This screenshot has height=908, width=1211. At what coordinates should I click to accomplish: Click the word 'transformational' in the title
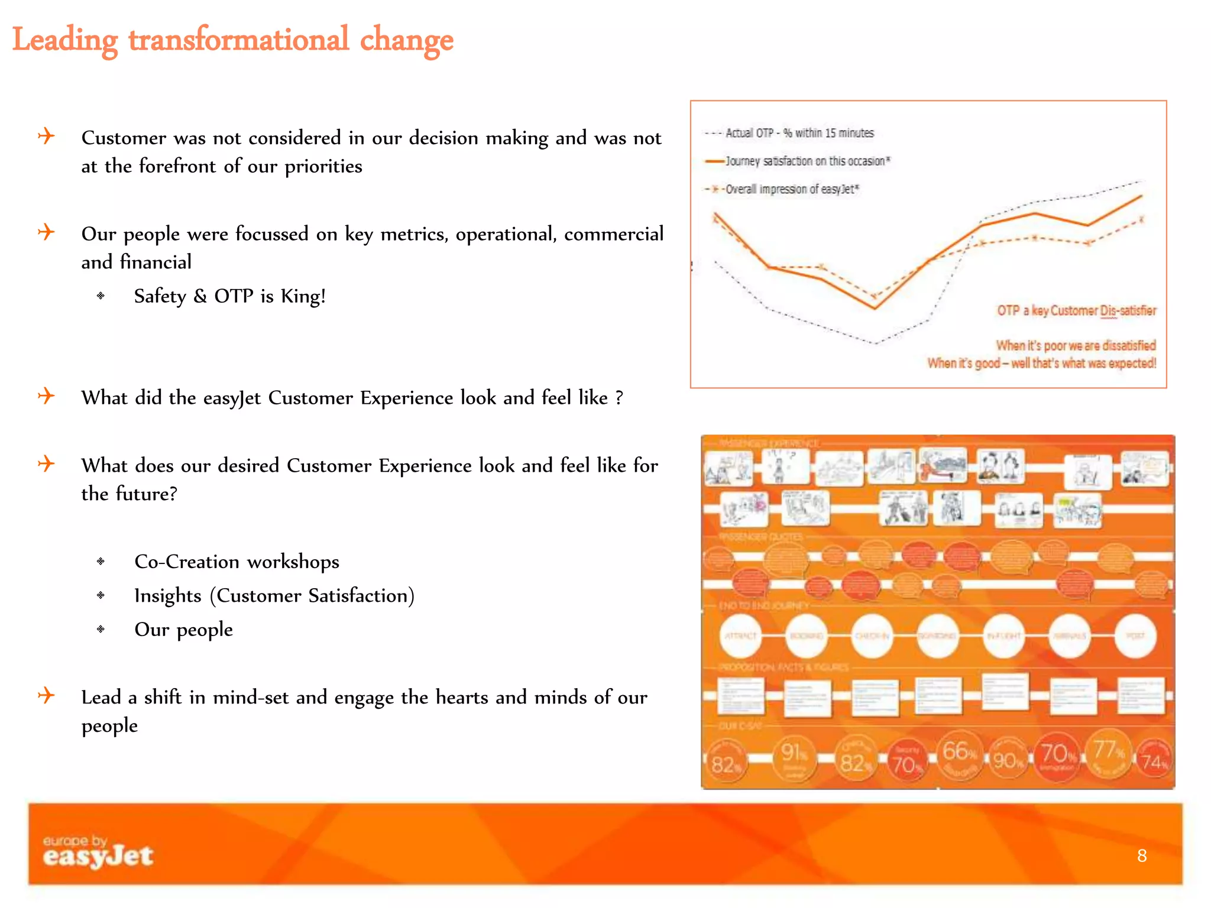(238, 40)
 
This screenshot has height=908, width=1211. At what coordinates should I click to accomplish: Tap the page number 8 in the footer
(1142, 855)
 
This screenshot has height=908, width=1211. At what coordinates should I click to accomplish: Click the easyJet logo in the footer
(98, 852)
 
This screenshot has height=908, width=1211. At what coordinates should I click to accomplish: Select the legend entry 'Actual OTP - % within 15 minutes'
(799, 133)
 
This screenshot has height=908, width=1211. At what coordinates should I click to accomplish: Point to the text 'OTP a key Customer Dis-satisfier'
(1076, 310)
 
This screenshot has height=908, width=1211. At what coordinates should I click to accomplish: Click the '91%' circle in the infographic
(794, 757)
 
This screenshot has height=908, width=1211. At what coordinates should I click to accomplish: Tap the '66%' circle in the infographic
(959, 755)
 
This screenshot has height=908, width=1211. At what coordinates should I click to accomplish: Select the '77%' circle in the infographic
(1109, 754)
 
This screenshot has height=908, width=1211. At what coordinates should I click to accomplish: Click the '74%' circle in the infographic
(1154, 761)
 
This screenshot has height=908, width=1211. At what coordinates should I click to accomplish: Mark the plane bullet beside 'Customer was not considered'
(46, 136)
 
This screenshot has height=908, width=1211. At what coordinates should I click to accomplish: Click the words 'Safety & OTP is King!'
(229, 296)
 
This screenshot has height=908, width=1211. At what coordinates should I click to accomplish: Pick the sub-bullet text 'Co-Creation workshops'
(237, 562)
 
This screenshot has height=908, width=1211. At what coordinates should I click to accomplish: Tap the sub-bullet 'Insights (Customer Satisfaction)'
(274, 595)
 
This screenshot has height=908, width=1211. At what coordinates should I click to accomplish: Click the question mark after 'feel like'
(619, 398)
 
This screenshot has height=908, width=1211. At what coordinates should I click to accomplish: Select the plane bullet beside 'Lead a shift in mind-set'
(46, 695)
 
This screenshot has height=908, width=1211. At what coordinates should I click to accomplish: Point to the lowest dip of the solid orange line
(875, 308)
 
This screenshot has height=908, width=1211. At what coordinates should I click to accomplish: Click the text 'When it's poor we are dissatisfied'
(1076, 345)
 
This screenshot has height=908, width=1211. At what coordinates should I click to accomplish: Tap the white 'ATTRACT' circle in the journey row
(740, 635)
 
